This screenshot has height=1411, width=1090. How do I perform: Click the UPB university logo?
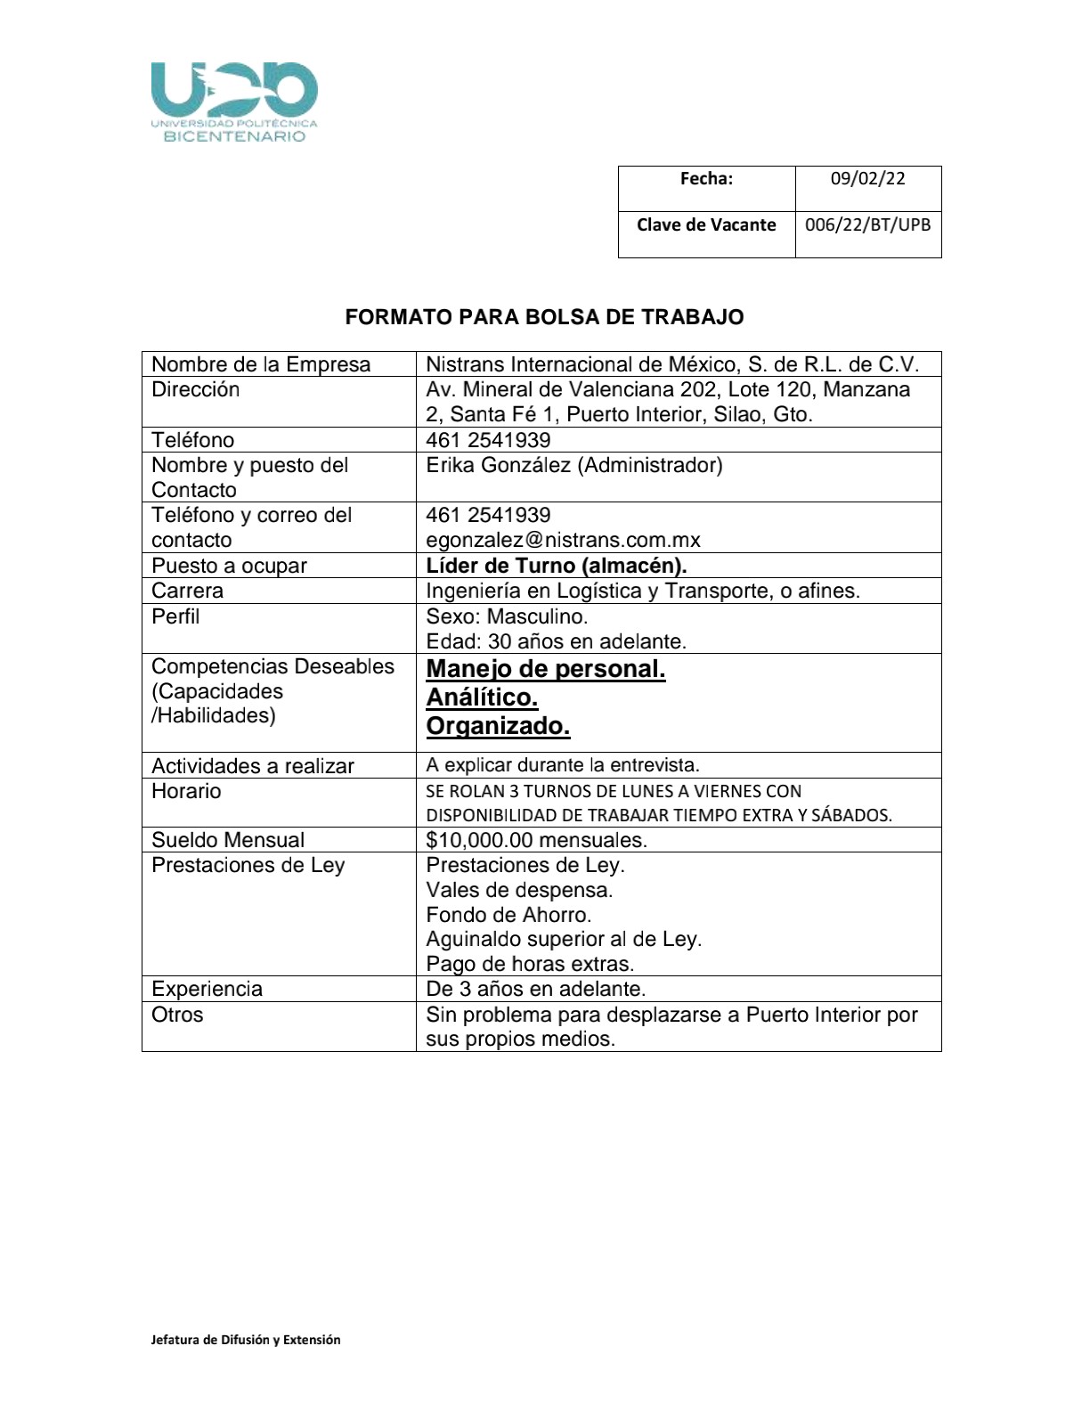click(234, 102)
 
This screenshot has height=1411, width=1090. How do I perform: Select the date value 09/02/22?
click(867, 179)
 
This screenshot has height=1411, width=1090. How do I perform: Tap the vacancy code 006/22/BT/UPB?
click(867, 224)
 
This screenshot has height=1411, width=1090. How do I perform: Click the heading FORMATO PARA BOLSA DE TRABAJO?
click(544, 317)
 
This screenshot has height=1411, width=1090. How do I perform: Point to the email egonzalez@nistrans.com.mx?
click(563, 540)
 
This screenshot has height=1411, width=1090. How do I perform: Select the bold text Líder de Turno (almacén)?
click(556, 566)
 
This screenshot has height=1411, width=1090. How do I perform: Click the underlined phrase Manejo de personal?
click(546, 669)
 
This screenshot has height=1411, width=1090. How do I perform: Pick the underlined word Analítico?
click(482, 697)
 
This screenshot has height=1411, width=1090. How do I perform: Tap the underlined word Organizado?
click(498, 726)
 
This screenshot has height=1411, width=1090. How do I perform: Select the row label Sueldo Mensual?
click(228, 840)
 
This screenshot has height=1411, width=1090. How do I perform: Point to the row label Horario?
click(186, 791)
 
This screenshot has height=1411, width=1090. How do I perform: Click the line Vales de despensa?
click(519, 890)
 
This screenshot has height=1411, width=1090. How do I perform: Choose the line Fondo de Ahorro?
click(508, 915)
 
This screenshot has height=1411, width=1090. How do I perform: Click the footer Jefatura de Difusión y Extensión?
click(246, 1339)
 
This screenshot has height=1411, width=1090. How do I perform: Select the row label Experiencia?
click(207, 989)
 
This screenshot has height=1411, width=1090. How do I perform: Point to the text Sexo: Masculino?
click(507, 616)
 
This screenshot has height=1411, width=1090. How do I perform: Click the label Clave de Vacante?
click(706, 224)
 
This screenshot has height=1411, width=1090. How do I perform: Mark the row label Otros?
click(177, 1015)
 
